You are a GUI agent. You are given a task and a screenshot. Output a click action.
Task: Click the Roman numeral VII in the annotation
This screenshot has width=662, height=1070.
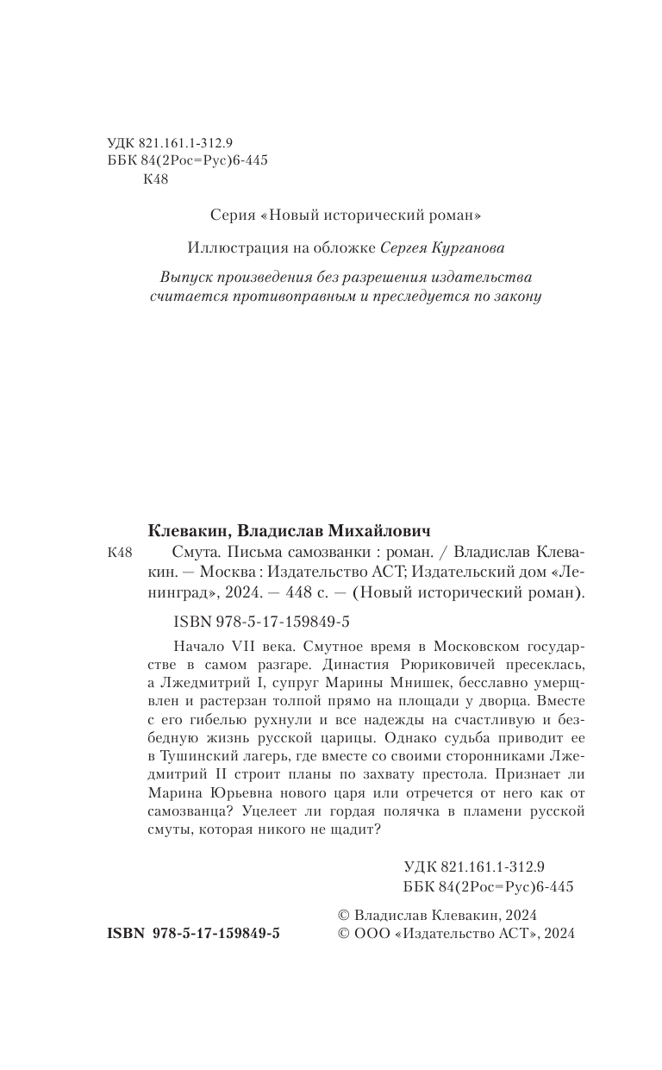pyautogui.click(x=238, y=646)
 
